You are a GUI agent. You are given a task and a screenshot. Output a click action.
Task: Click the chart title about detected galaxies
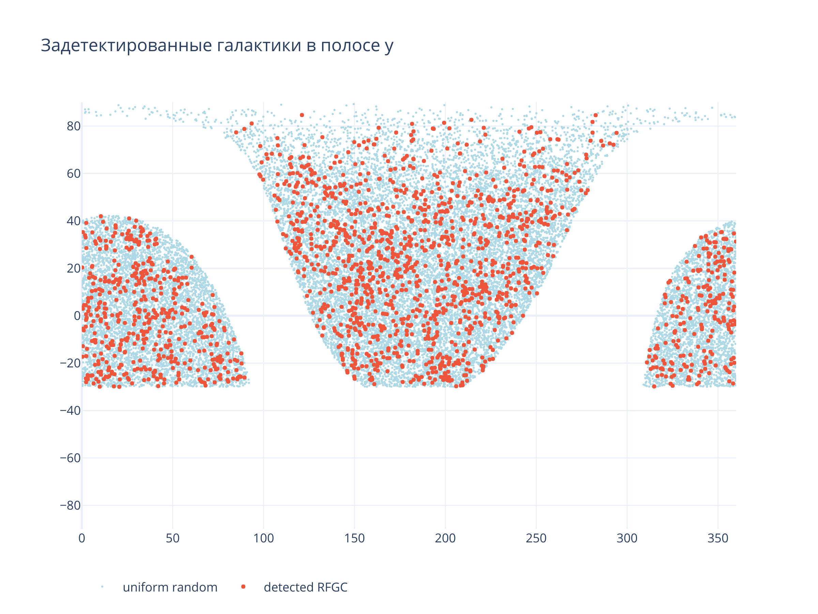217,45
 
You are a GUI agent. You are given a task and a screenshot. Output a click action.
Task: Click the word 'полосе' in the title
350,45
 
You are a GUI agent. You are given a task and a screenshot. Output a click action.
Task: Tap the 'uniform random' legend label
170,587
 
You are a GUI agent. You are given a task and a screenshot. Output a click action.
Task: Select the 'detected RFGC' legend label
305,587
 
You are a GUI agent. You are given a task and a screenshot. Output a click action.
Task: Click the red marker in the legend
243,587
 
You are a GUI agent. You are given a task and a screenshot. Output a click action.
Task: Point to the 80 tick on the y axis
73,126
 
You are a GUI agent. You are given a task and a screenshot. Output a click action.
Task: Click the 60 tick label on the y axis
73,174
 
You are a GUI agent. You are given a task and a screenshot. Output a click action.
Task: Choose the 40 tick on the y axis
73,221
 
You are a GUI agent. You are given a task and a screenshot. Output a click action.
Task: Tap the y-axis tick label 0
77,316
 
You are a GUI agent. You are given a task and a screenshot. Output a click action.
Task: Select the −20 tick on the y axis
70,363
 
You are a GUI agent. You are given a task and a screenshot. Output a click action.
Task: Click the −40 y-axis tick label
70,410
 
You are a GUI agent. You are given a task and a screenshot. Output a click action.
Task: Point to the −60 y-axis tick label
70,458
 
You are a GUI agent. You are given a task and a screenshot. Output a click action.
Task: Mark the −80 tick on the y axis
70,506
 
